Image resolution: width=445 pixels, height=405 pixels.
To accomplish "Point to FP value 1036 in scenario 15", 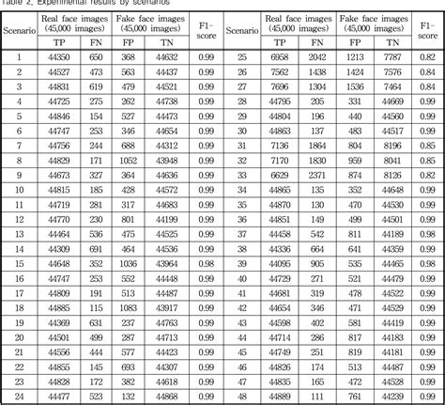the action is [129, 264].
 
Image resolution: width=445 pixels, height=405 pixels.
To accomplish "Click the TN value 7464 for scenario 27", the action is [393, 86].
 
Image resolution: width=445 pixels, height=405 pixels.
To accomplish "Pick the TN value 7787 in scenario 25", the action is [393, 57].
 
